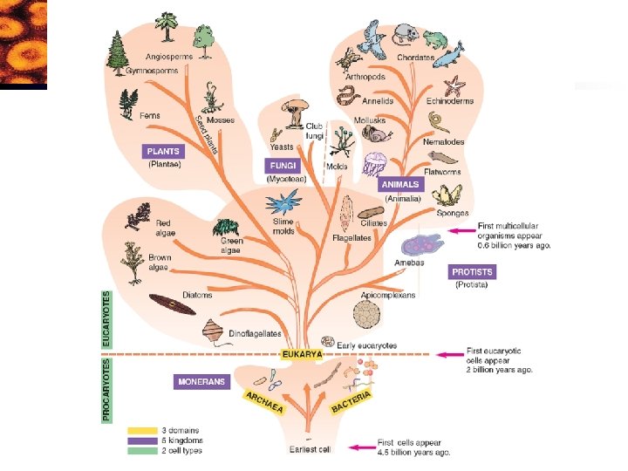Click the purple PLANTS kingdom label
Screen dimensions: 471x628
(162, 152)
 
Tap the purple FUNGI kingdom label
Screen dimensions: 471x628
(282, 166)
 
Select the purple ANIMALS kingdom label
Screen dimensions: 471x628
(400, 185)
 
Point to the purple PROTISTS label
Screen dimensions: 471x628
(473, 272)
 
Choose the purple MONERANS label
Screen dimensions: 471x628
(201, 381)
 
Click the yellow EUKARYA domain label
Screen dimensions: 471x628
(303, 355)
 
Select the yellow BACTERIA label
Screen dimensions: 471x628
(352, 402)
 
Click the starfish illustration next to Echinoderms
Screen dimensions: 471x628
(455, 85)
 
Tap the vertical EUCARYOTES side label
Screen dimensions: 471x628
(107, 320)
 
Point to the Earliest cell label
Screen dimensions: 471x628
(311, 449)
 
